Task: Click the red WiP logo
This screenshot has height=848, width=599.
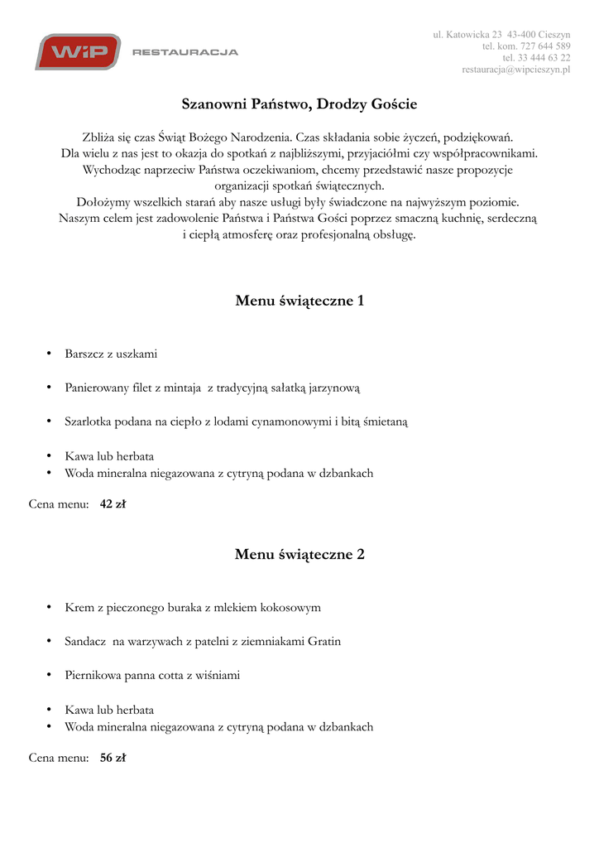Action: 77,52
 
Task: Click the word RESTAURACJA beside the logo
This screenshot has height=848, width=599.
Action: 185,52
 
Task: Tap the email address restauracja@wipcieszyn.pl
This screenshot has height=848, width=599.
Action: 515,70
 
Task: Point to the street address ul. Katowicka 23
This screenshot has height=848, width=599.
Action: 467,35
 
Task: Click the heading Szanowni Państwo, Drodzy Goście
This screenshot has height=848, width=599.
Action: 299,104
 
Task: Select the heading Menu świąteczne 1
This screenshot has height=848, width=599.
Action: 299,301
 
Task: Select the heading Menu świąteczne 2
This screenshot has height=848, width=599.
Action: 299,554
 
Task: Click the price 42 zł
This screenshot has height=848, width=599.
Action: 112,503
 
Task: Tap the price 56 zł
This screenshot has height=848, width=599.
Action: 112,757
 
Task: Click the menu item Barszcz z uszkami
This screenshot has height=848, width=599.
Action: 111,354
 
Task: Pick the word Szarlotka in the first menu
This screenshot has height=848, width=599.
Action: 89,422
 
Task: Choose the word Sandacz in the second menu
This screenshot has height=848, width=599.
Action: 85,641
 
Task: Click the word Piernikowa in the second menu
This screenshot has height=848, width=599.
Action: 93,675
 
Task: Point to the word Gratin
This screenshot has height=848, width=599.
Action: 323,641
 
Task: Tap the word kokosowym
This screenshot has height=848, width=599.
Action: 290,607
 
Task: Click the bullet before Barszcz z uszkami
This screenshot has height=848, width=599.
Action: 50,354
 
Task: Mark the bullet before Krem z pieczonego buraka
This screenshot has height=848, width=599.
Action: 50,608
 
